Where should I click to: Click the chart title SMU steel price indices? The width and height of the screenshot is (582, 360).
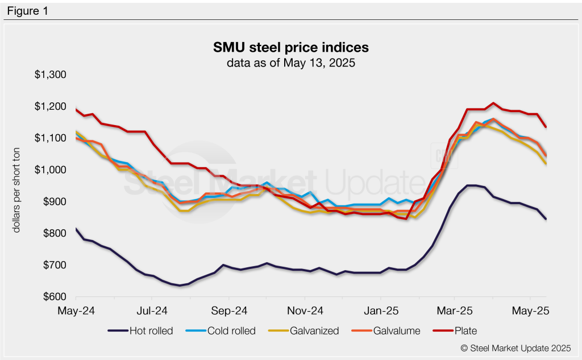pos(290,47)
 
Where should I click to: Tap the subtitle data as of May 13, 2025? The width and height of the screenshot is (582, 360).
pos(290,63)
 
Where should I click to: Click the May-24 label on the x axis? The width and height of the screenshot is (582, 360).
pos(76,312)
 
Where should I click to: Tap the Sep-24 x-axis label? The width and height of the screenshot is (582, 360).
pos(228,312)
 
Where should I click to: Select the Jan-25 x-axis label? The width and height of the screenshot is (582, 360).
pos(380,312)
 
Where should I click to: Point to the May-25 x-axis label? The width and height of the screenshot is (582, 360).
pos(530,312)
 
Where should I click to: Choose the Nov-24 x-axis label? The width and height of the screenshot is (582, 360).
pos(305,312)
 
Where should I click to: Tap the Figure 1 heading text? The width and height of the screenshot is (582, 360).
pos(27,10)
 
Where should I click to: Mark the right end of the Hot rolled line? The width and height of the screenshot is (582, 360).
pos(546,219)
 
